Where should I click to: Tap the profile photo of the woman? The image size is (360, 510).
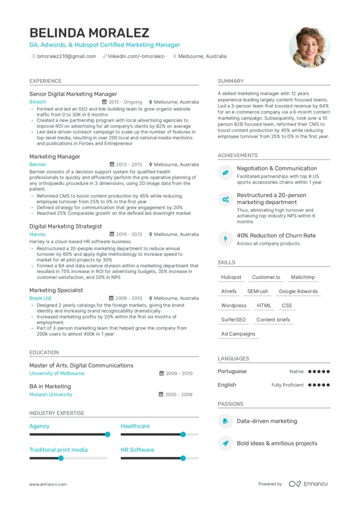coord(310,47)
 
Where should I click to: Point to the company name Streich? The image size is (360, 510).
coord(38,102)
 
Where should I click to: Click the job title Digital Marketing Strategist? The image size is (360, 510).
coord(65,226)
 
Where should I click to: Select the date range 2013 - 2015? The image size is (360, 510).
coord(128,165)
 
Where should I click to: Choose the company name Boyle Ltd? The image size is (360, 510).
coord(41,298)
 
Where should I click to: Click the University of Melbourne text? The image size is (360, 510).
coord(57,374)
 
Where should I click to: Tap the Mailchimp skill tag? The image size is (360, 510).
coord(302,277)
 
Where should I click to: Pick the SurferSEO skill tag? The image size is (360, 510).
coord(233,320)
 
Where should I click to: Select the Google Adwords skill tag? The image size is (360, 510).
coord(298,291)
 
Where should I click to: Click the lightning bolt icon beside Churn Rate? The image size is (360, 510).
coord(225,239)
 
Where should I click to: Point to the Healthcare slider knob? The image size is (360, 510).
coord(183,434)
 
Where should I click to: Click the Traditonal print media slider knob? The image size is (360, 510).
coord(61,458)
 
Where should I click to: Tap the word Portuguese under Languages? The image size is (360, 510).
coord(232,372)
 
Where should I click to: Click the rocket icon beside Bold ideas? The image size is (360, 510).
coord(225,443)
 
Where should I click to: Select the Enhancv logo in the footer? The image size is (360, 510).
coord(308,484)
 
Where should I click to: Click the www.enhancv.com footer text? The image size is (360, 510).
coord(49,484)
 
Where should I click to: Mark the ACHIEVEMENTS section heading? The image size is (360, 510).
coord(238,155)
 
